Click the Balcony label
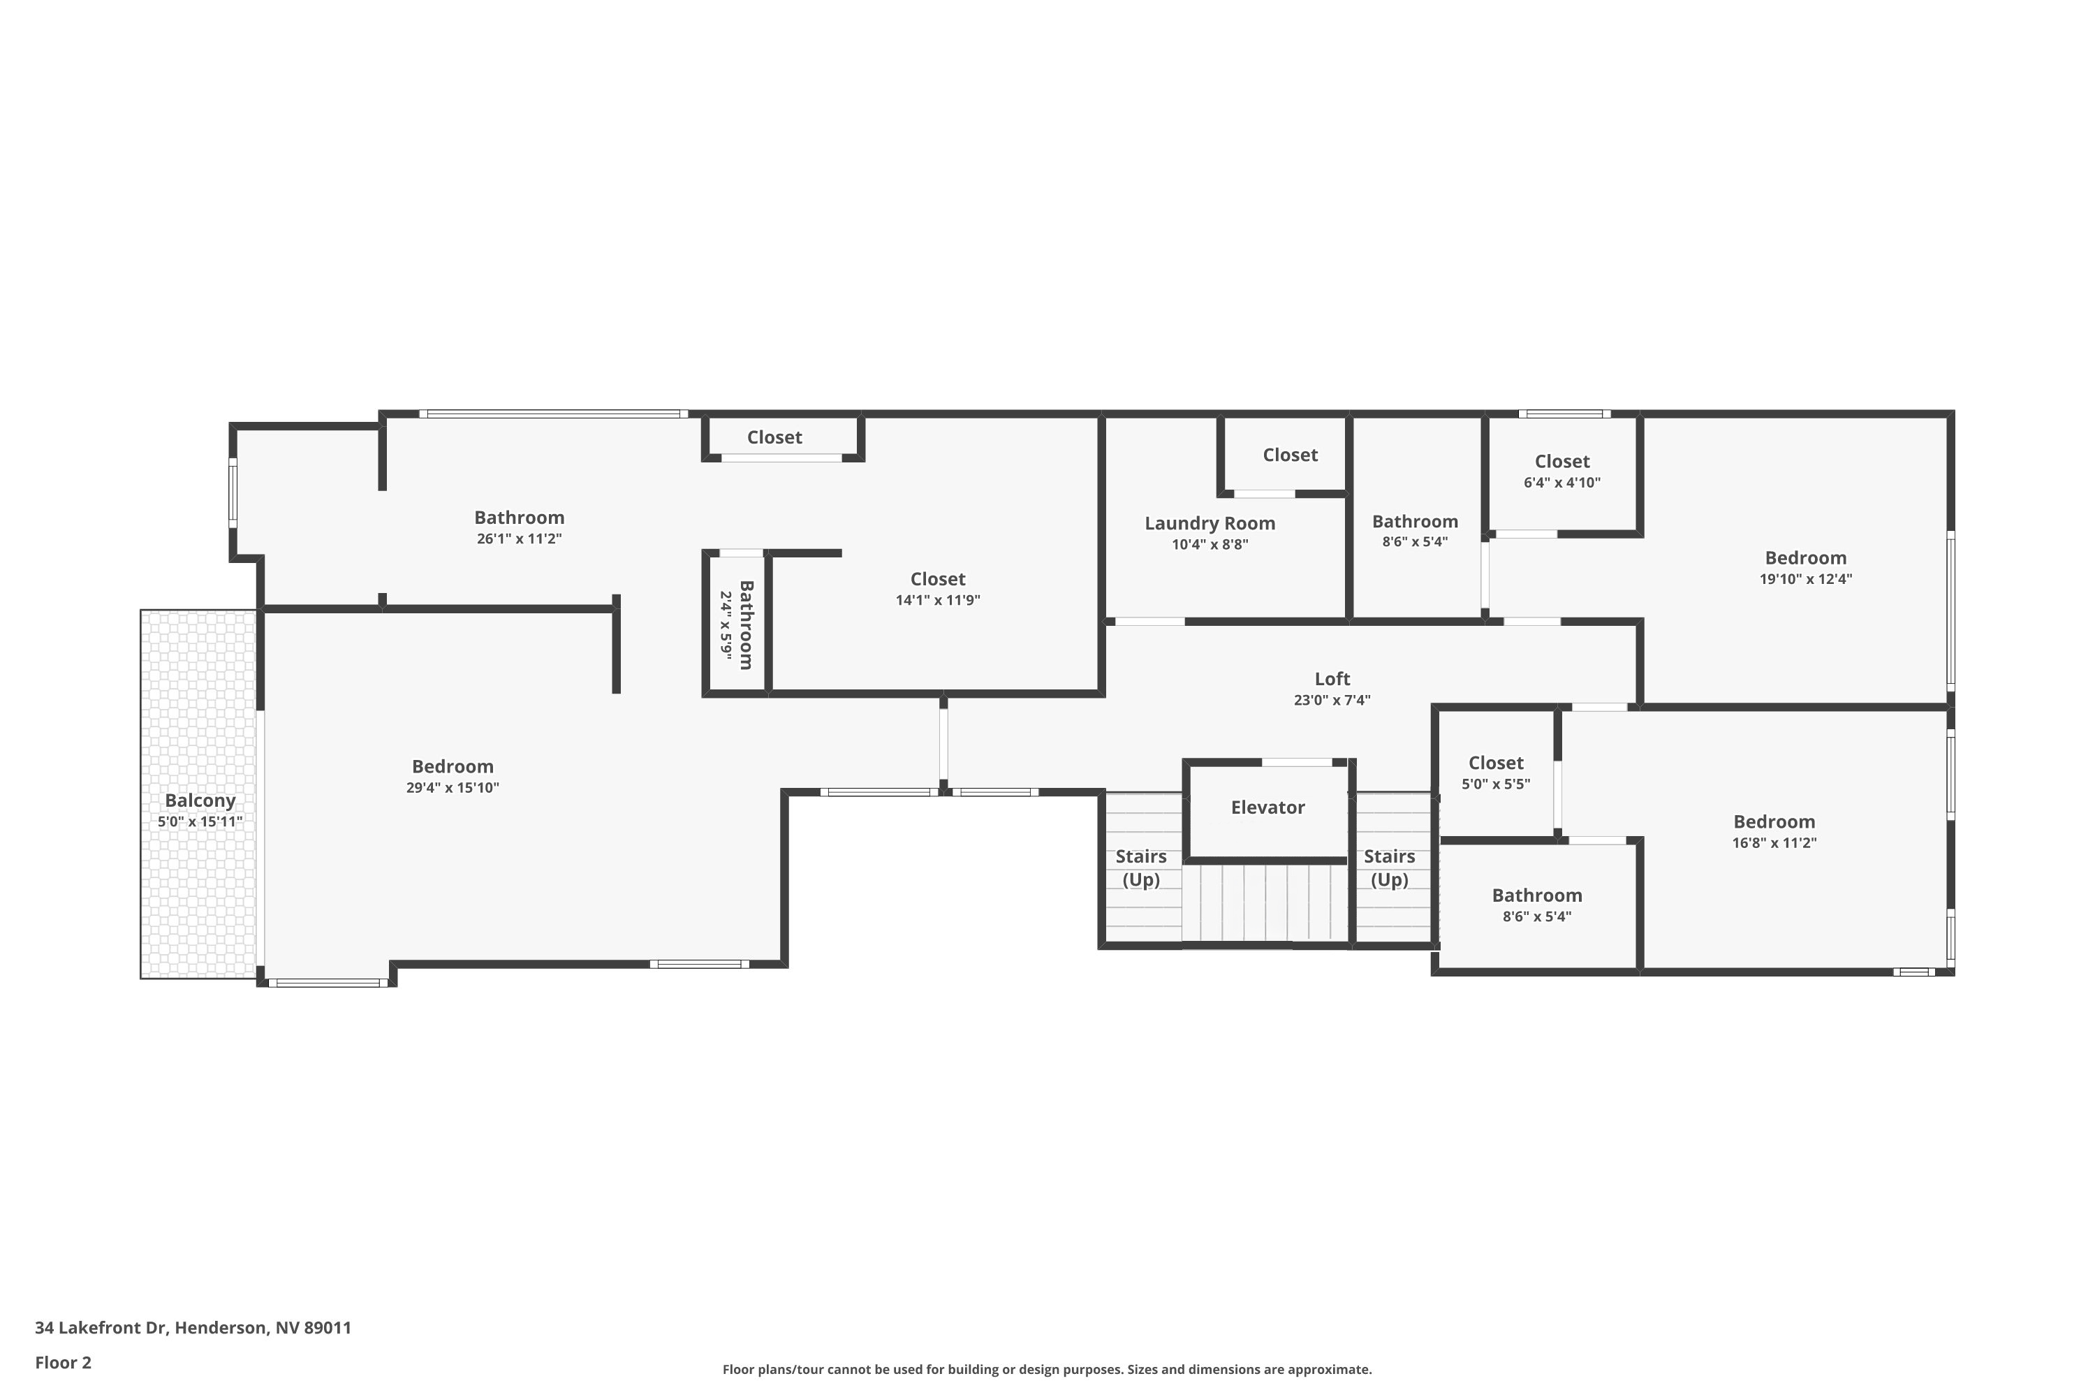coord(200,800)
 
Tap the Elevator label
coord(1267,807)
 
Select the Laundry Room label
coord(1210,523)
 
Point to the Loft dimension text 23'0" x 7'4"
coord(1332,701)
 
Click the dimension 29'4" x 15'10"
coord(453,788)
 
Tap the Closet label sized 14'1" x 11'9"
coord(937,579)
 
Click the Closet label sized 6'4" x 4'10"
coord(1561,462)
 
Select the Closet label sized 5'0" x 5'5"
coord(1496,763)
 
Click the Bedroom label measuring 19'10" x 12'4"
coord(1805,557)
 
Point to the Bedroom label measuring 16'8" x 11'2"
coord(1774,821)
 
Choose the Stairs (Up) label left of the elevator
coord(1141,868)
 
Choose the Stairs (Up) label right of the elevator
coord(1389,868)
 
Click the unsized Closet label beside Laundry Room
coord(1290,455)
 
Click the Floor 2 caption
coord(64,1362)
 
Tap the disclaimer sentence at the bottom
coord(1047,1369)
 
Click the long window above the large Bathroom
coord(553,414)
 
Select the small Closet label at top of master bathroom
coord(774,437)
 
